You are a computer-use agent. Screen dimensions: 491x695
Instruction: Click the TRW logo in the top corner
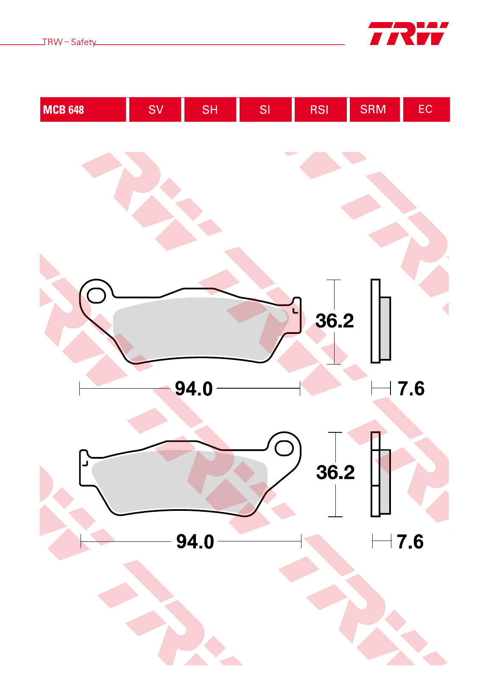409,34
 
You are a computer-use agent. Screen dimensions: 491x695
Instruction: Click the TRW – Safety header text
69,42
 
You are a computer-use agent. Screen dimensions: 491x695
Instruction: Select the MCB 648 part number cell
83,109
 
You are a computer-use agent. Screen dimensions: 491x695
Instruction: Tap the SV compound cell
155,109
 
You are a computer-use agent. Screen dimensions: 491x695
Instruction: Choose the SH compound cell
210,109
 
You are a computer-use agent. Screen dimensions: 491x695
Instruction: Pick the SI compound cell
265,109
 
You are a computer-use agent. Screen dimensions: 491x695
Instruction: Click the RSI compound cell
321,109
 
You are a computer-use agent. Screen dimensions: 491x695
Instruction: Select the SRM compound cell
375,109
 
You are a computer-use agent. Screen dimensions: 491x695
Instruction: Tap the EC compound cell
427,109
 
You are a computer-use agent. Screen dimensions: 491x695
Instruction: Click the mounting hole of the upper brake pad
96,295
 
